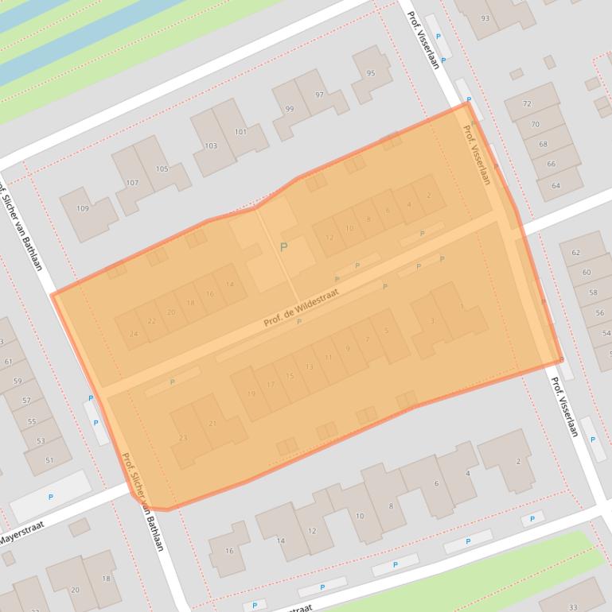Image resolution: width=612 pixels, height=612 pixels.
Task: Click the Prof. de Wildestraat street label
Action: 302,308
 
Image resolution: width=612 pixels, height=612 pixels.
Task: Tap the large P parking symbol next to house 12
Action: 283,248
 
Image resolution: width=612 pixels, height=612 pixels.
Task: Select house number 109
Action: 83,209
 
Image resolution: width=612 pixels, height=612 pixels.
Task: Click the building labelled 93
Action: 485,18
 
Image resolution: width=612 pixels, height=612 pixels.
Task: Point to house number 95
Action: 371,74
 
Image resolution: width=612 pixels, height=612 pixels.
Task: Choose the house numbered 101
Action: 240,132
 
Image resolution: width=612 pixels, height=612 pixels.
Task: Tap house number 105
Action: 162,169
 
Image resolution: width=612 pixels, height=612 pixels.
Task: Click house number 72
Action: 527,104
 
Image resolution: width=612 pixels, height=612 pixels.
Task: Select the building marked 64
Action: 555,186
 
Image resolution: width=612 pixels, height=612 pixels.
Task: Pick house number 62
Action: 576,253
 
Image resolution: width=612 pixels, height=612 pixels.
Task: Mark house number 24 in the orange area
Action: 133,335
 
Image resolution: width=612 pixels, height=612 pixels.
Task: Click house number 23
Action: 184,438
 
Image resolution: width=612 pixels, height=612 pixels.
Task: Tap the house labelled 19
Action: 251,394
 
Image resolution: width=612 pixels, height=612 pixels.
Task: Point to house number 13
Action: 310,366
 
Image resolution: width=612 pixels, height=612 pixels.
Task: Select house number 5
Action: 387,331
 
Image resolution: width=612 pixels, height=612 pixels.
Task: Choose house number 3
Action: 432,321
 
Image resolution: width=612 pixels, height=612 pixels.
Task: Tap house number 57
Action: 26,401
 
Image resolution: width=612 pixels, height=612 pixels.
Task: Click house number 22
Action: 152,321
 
